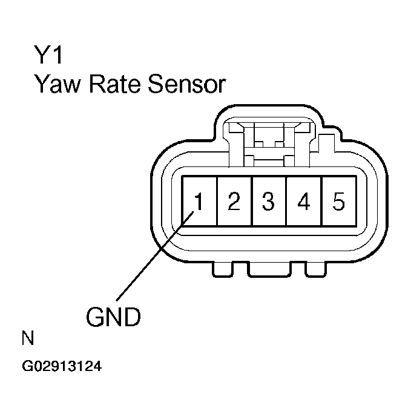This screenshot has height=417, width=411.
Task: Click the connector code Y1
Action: pos(48,56)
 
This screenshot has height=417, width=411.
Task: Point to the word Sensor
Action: pos(188,85)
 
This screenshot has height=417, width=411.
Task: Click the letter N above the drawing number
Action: pos(28,338)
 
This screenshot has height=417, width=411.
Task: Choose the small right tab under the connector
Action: pos(315,269)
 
